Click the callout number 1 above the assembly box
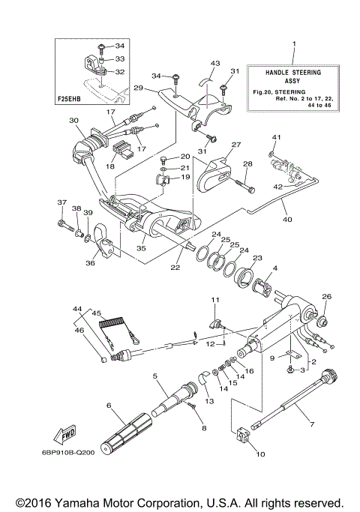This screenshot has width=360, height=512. coord(294,44)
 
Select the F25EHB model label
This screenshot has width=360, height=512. coord(70,97)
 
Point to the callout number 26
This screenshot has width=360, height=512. coord(326,296)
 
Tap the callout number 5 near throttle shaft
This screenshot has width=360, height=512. coord(154,376)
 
